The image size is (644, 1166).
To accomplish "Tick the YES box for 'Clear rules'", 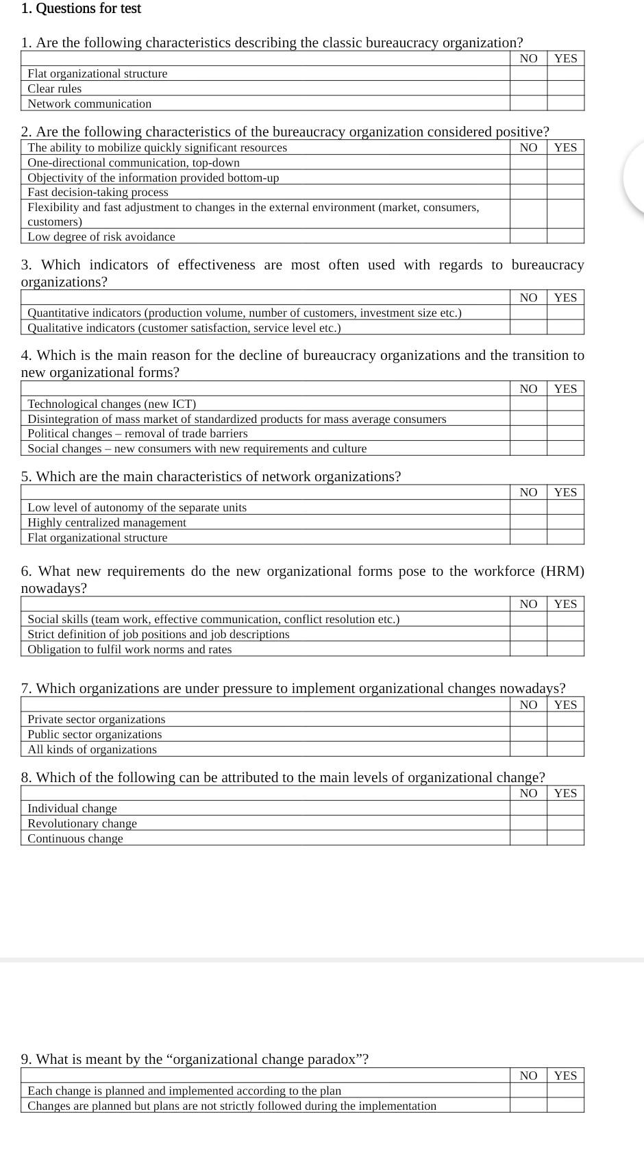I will (x=565, y=88).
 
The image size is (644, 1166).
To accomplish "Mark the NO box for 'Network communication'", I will (x=528, y=104).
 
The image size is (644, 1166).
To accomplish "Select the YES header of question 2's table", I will (x=565, y=147).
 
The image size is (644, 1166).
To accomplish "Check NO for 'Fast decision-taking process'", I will (x=528, y=193).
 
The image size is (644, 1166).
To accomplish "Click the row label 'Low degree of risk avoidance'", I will (x=101, y=236).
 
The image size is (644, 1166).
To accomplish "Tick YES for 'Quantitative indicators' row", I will (x=565, y=313).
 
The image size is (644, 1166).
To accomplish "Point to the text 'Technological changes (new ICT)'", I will (x=112, y=404).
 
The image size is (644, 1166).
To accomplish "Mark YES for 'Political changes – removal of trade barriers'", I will (x=565, y=433).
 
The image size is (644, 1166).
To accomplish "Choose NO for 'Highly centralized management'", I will (x=528, y=522).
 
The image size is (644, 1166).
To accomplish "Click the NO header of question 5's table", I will (x=528, y=492).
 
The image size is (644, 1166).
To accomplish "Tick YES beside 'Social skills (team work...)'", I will (x=565, y=619).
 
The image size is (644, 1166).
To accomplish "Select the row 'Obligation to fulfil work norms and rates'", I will (x=129, y=649).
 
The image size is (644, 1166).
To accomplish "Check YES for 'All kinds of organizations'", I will (x=565, y=749).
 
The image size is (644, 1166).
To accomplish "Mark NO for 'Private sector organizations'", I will (x=528, y=719).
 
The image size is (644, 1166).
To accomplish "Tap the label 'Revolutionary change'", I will (x=82, y=823).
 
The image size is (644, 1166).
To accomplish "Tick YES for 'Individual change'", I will (x=565, y=808).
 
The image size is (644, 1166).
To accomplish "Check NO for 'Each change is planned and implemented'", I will (x=528, y=1091).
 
